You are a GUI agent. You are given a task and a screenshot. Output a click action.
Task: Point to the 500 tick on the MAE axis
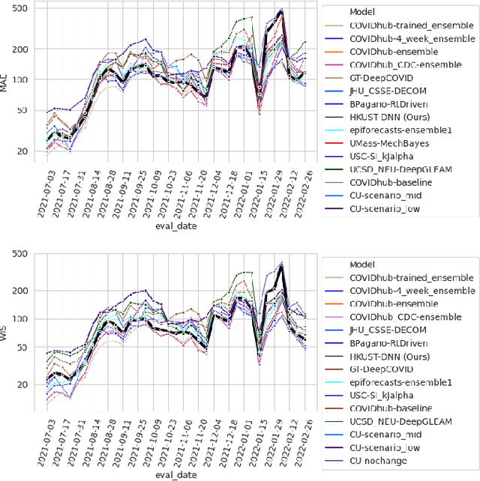[x=21, y=8]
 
